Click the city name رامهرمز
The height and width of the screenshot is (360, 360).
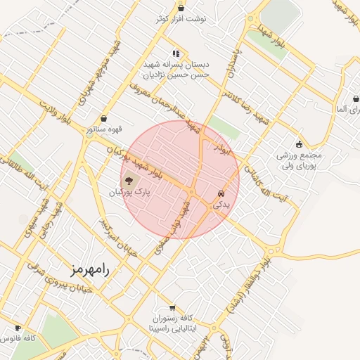pyautogui.click(x=92, y=270)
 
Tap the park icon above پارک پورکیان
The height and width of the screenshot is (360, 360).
pyautogui.click(x=127, y=180)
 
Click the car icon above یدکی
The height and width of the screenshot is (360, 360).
pyautogui.click(x=221, y=192)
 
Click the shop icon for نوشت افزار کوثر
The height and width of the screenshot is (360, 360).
pyautogui.click(x=181, y=8)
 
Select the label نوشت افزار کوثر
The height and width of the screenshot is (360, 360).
pyautogui.click(x=181, y=19)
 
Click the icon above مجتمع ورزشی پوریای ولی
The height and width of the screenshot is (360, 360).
pyautogui.click(x=299, y=143)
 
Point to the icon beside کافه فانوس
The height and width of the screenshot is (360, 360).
pyautogui.click(x=18, y=328)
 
